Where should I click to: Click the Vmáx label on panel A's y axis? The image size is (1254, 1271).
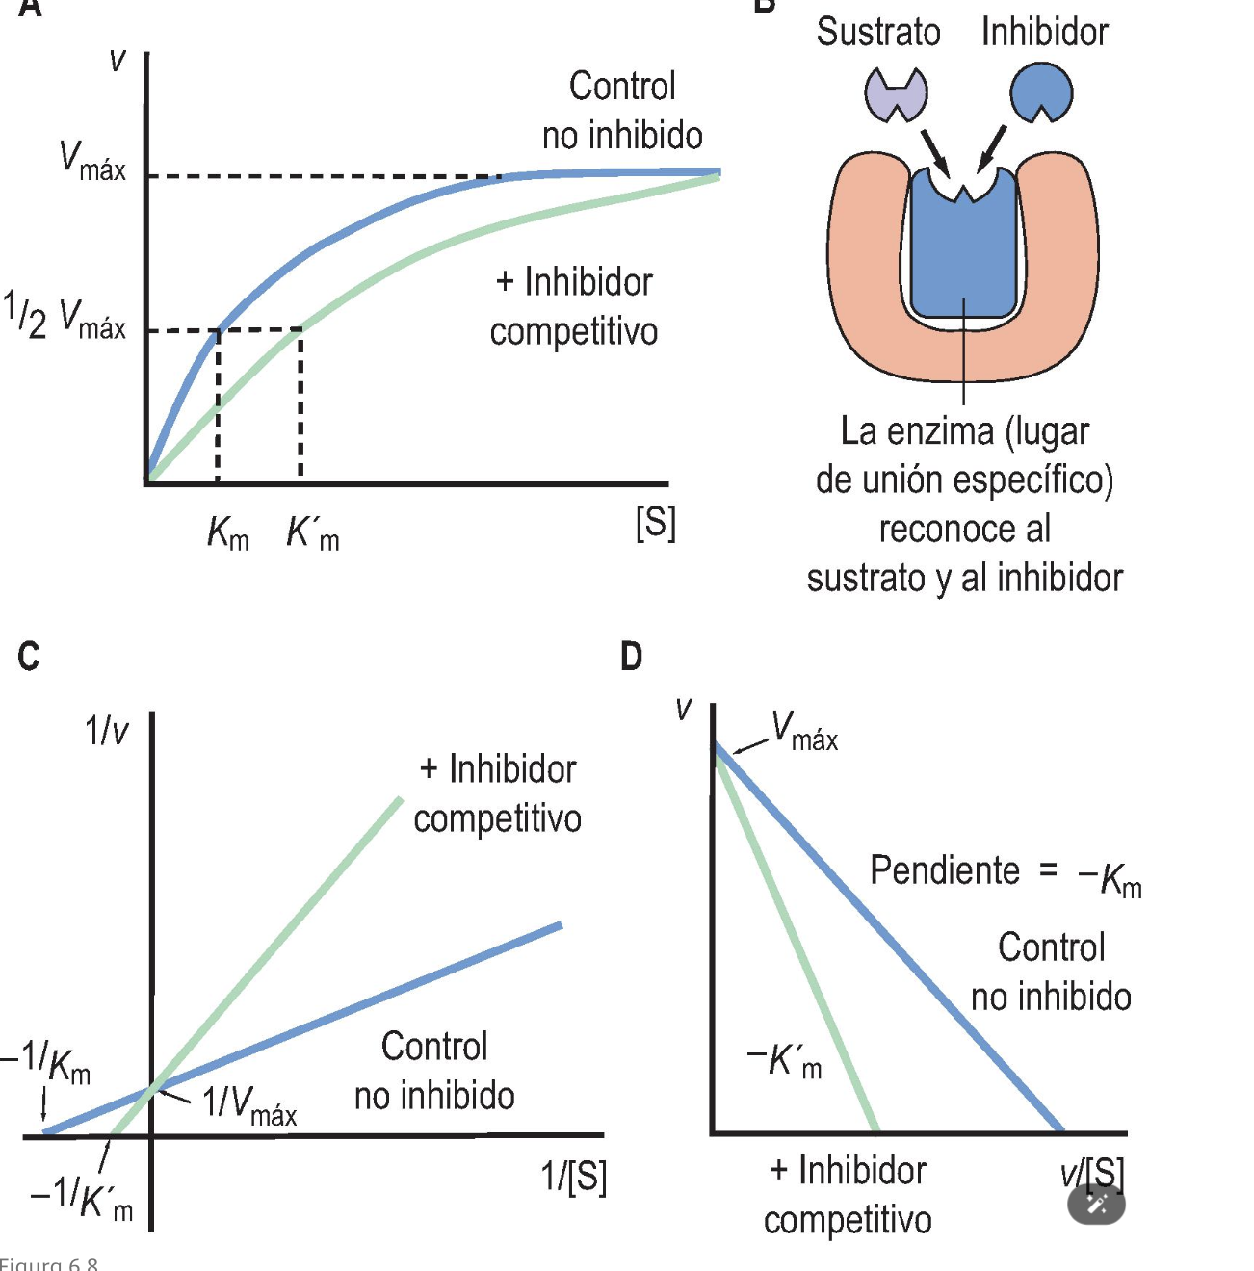pos(92,161)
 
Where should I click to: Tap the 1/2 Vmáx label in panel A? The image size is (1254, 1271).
pos(65,317)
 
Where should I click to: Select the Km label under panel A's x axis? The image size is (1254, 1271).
pos(228,532)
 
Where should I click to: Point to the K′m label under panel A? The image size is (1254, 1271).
pos(313,532)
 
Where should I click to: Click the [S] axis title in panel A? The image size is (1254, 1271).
pos(656,523)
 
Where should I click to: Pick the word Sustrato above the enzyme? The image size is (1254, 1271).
pos(878,32)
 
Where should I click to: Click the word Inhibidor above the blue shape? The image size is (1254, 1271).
pos(1045,32)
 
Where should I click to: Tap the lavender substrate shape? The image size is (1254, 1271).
pos(896,94)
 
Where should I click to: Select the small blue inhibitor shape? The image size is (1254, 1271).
pos(1041,93)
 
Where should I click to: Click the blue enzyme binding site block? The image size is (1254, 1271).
pos(963,250)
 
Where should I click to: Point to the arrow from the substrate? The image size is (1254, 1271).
pos(933,152)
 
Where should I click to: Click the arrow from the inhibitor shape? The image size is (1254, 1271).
pos(991,150)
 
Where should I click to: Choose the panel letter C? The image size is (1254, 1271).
pos(29,657)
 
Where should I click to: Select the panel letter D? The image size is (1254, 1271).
pos(631,657)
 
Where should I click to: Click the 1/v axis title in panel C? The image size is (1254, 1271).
pos(107,732)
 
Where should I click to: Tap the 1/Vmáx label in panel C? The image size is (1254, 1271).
pos(248,1103)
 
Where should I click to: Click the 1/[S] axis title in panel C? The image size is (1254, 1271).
pos(574,1177)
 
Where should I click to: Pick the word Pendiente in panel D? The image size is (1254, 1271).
pos(944,870)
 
